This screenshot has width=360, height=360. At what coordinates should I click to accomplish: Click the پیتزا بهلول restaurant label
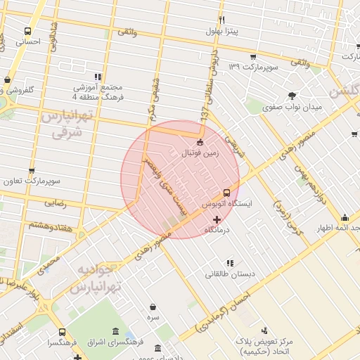point(222,31)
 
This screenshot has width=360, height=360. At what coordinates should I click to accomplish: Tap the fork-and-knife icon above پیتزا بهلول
point(222,20)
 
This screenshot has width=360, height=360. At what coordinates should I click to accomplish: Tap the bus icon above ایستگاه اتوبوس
point(226,192)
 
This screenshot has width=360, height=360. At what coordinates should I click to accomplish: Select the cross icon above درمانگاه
point(217,220)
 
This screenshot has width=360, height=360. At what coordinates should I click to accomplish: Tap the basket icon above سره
point(153,307)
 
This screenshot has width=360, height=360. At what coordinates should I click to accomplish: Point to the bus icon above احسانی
point(27,31)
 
